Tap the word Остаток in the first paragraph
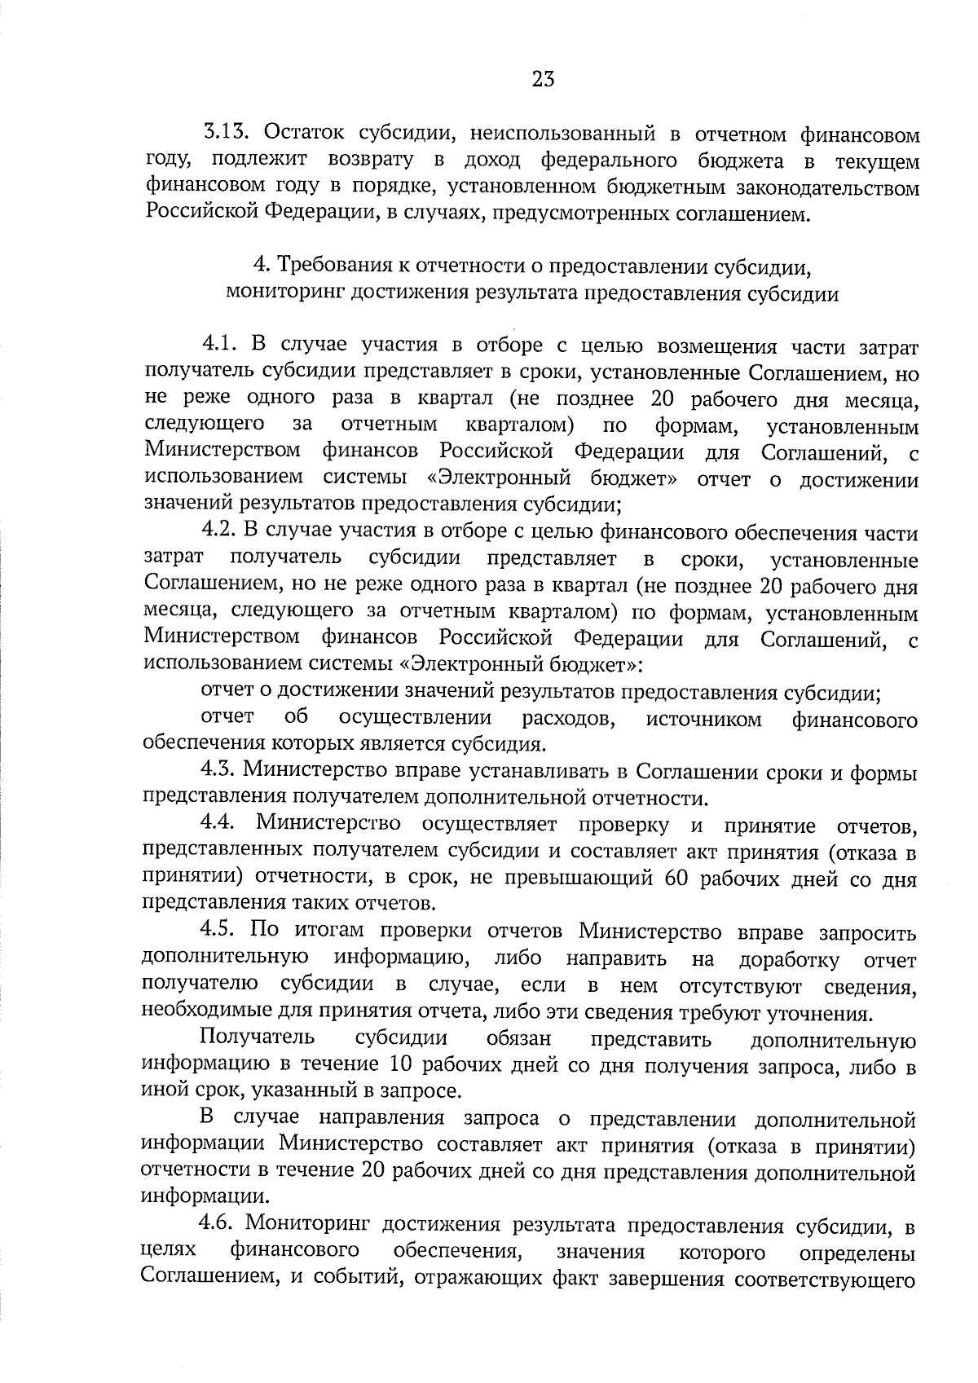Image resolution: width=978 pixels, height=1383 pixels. (307, 134)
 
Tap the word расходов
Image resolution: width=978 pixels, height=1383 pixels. (568, 719)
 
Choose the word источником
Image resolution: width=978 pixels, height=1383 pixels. (703, 719)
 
